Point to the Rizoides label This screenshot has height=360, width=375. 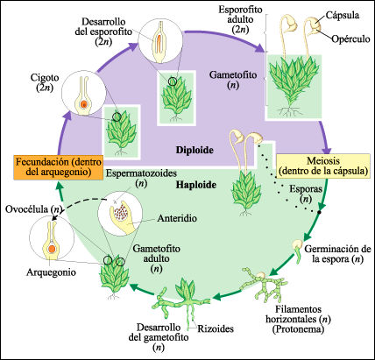point(216,330)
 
